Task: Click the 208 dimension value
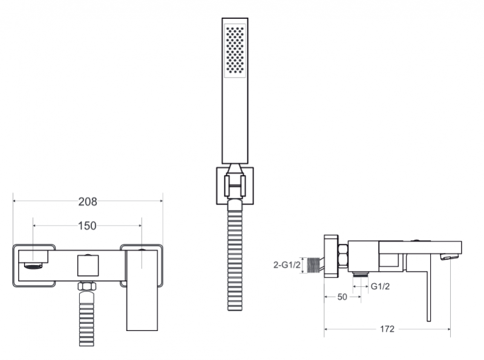click(x=88, y=201)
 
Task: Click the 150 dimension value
click(x=87, y=226)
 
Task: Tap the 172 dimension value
click(x=387, y=329)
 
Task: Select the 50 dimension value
click(x=342, y=296)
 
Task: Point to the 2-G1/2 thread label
click(x=287, y=265)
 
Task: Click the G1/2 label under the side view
click(x=380, y=287)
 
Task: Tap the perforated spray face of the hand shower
click(x=235, y=51)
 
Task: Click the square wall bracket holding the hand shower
click(x=235, y=186)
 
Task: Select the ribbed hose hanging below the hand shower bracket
click(x=235, y=256)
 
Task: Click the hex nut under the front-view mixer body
click(x=87, y=286)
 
